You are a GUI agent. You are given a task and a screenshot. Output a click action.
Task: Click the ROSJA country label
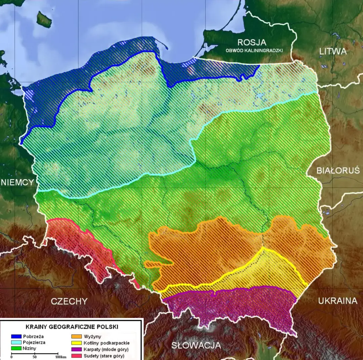252,42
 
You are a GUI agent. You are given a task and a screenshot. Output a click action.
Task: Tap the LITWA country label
333,51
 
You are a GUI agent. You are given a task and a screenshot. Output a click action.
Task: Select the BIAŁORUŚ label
338,170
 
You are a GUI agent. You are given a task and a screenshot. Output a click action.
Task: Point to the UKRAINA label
338,301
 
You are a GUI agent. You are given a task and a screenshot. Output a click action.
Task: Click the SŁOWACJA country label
196,345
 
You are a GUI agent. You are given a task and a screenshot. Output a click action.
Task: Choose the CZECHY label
69,301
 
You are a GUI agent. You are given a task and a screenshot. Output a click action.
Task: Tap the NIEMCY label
17,182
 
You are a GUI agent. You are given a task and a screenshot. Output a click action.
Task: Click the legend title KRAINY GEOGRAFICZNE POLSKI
72,327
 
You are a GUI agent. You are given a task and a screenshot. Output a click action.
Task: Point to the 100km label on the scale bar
61,357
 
